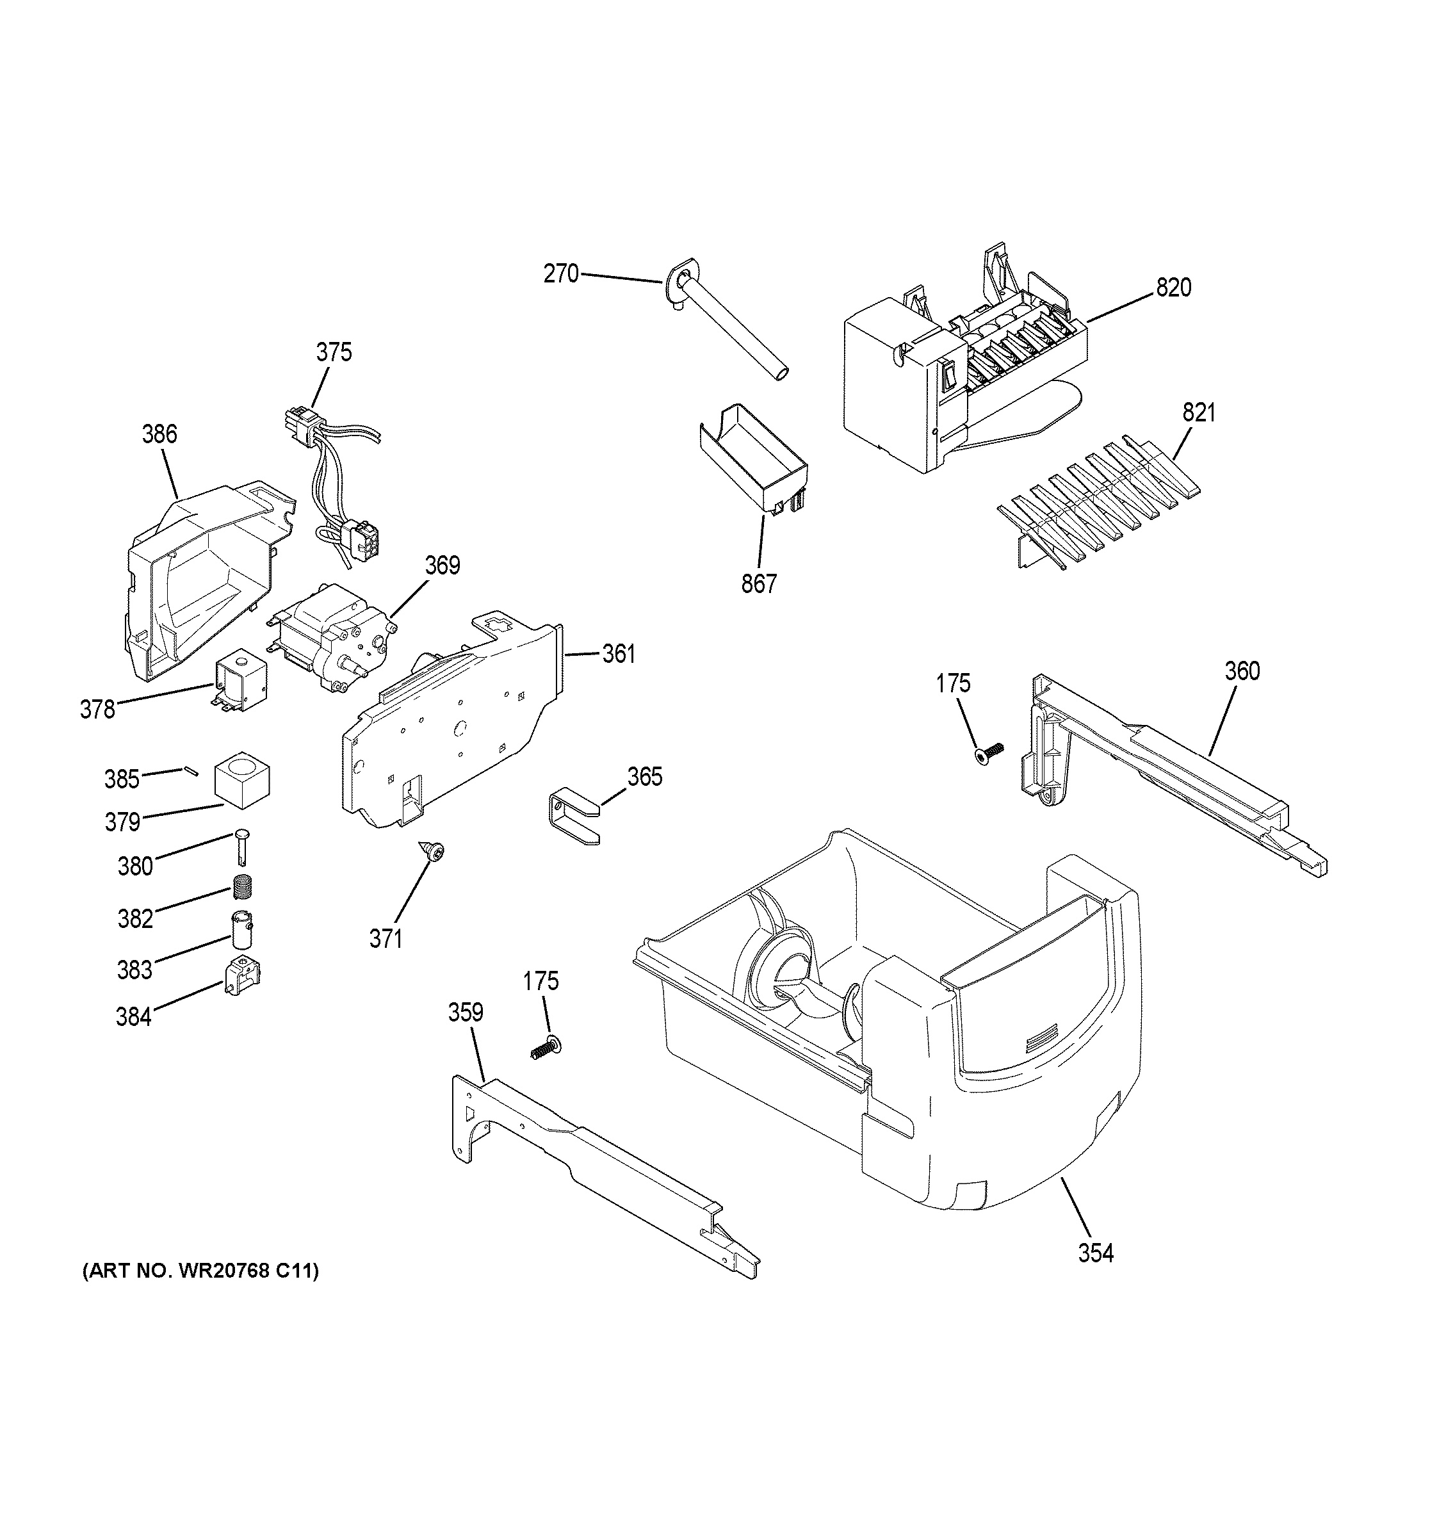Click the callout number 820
[1173, 288]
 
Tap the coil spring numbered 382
[243, 887]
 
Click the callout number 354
[1096, 1253]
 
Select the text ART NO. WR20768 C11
[200, 1271]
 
